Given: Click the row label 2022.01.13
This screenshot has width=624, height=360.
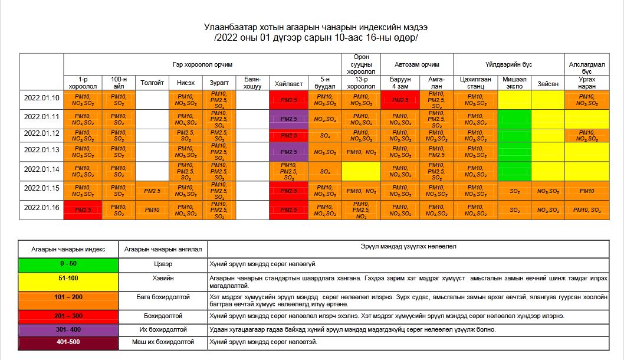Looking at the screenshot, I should [x=42, y=150].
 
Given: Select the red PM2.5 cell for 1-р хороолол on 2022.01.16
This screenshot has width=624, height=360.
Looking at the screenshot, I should [x=83, y=210].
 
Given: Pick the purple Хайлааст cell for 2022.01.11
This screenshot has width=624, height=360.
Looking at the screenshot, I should [x=289, y=119].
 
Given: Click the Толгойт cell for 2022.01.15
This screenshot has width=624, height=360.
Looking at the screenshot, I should [x=152, y=191].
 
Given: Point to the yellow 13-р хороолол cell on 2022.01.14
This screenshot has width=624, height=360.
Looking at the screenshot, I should [x=362, y=172].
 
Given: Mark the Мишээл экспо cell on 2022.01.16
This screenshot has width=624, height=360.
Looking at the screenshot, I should [x=514, y=210].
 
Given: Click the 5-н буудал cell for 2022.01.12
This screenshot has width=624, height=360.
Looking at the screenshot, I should [x=325, y=136].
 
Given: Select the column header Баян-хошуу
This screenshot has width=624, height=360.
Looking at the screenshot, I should [x=252, y=83].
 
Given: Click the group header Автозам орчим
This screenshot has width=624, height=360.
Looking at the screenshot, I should [x=418, y=64].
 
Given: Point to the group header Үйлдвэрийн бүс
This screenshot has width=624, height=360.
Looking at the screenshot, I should [x=509, y=64].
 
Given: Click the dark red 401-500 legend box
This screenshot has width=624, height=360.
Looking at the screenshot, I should [x=68, y=342].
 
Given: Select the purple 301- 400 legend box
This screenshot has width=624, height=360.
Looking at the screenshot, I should [x=68, y=329].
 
